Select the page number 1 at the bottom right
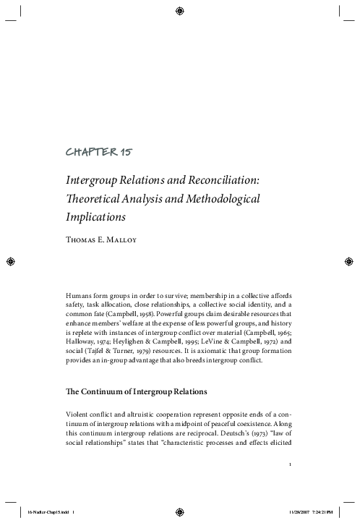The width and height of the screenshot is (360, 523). [289, 464]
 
